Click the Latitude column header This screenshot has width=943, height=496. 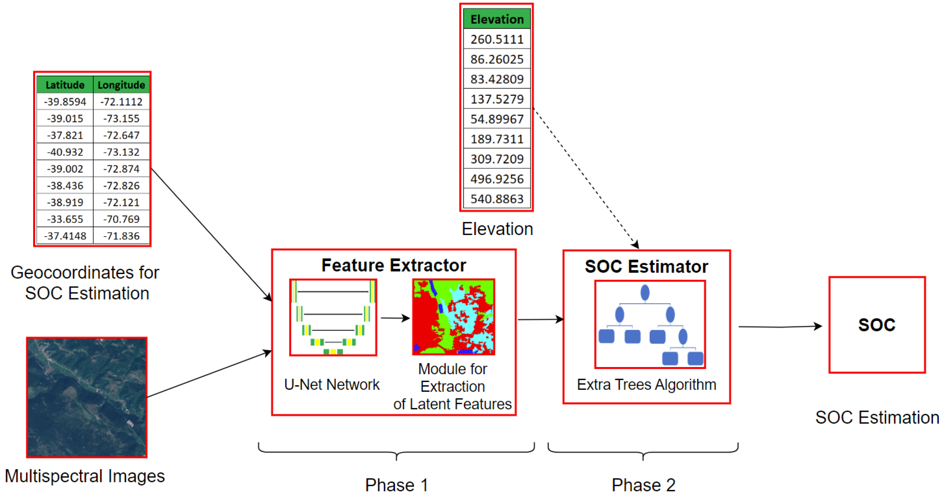pyautogui.click(x=65, y=85)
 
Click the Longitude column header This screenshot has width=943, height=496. pyautogui.click(x=121, y=85)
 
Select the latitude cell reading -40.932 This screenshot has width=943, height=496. pyautogui.click(x=65, y=152)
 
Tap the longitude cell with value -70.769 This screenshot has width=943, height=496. pyautogui.click(x=121, y=219)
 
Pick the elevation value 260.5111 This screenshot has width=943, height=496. pyautogui.click(x=497, y=39)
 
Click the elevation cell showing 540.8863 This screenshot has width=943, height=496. pyautogui.click(x=497, y=199)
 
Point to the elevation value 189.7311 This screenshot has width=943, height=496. pyautogui.click(x=497, y=139)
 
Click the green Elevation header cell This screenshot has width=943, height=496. pyautogui.click(x=497, y=19)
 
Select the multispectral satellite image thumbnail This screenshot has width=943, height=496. pyautogui.click(x=87, y=397)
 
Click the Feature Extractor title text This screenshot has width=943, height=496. pyautogui.click(x=394, y=265)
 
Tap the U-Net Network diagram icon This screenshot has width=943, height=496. pyautogui.click(x=333, y=317)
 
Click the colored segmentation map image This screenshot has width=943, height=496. pyautogui.click(x=453, y=317)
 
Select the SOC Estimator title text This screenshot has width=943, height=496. pyautogui.click(x=646, y=266)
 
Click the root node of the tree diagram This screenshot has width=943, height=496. pyautogui.click(x=645, y=293)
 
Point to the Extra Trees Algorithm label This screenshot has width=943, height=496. pyautogui.click(x=646, y=384)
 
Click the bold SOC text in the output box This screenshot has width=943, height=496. pyautogui.click(x=877, y=325)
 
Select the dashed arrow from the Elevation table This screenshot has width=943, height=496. pyautogui.click(x=586, y=178)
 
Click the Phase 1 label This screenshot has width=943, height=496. pyautogui.click(x=396, y=485)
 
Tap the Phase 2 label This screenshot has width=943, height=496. pyautogui.click(x=643, y=485)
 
